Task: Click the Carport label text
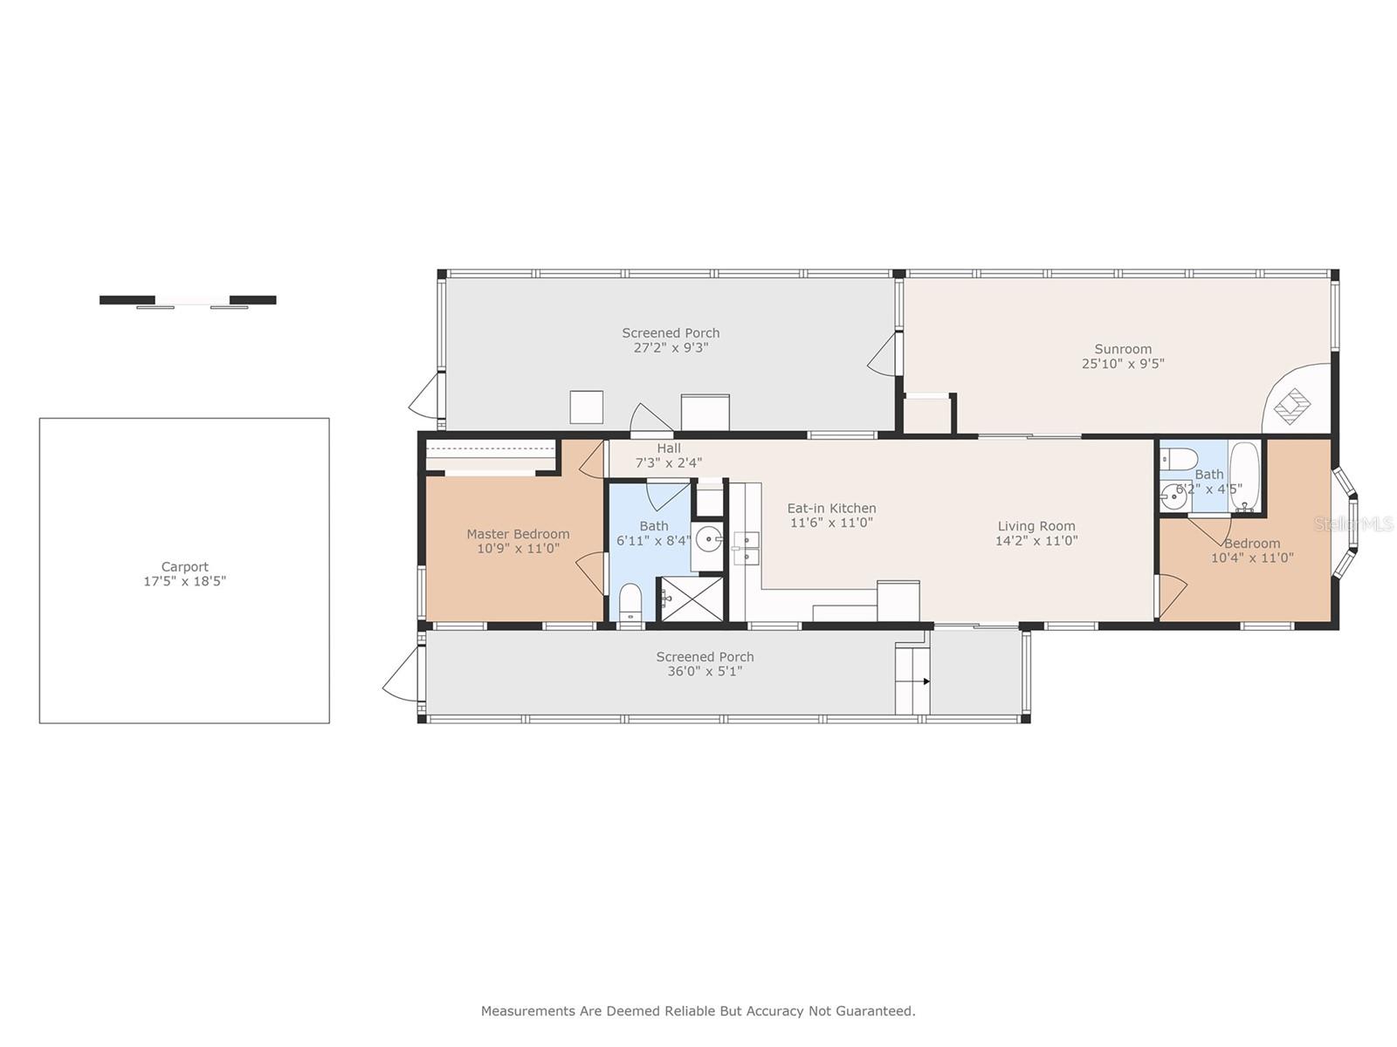(x=184, y=566)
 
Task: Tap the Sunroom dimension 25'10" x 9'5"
(x=1123, y=364)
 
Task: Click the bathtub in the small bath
(x=1244, y=476)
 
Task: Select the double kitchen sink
(x=746, y=549)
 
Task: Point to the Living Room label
(x=1036, y=526)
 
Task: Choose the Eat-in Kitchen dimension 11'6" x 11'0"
(x=831, y=523)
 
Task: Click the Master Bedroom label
(x=518, y=534)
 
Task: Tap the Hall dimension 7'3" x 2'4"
(x=668, y=462)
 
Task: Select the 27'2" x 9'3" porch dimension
(x=671, y=348)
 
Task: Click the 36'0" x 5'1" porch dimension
(x=705, y=671)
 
